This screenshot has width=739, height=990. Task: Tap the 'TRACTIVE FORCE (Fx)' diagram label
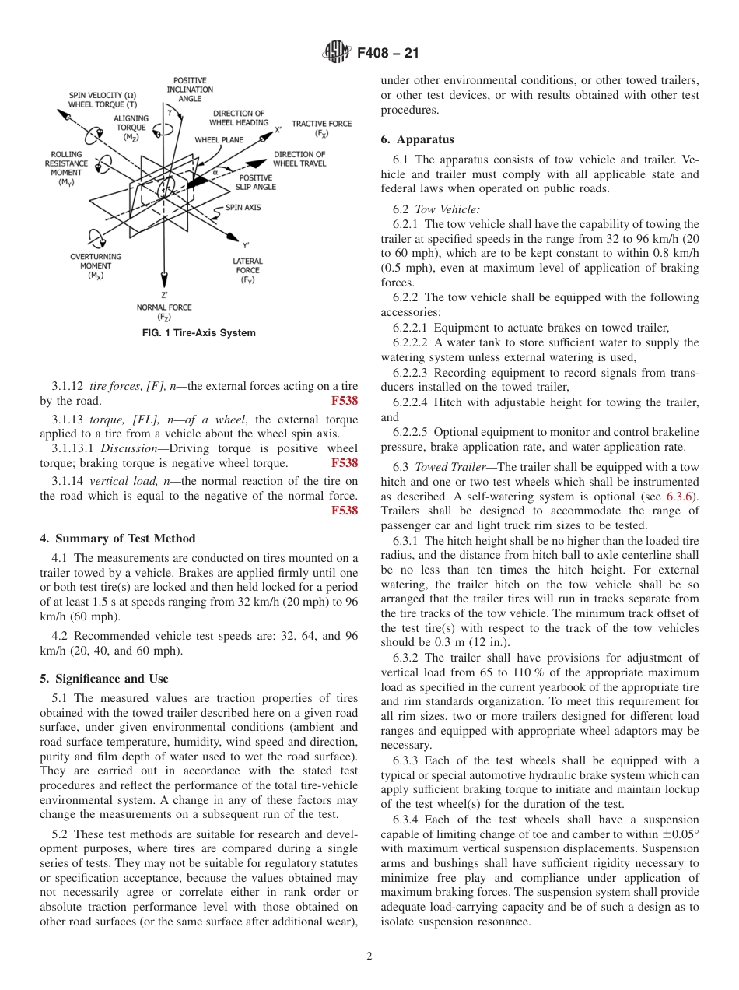[321, 128]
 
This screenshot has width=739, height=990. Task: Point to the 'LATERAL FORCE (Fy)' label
[247, 270]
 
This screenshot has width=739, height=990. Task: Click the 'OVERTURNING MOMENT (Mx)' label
[96, 265]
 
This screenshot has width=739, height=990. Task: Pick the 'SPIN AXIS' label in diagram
[243, 208]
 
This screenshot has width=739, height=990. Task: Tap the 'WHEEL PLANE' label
[219, 140]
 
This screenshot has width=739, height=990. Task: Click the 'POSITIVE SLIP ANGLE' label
[256, 183]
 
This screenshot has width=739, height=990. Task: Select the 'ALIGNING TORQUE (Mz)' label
[131, 128]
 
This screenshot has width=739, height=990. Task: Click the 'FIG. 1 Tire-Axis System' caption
[198, 333]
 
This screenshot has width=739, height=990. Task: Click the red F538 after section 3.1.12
[344, 401]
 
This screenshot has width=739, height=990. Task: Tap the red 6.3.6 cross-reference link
[682, 497]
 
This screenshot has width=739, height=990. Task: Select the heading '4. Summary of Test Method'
[117, 539]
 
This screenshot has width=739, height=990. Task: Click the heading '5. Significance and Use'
[104, 679]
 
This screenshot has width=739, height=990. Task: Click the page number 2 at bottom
[369, 957]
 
